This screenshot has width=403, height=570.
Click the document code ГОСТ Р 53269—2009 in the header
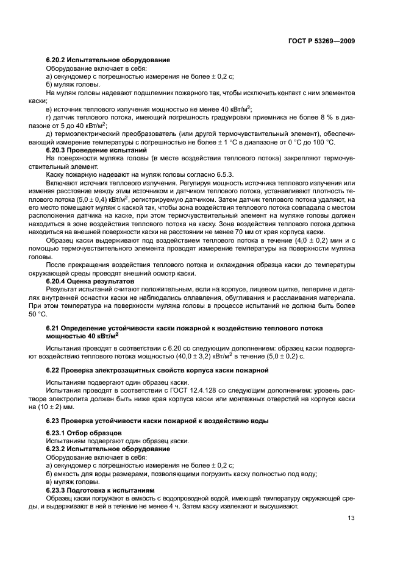click(321, 41)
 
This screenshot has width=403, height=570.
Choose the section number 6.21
click(54, 327)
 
